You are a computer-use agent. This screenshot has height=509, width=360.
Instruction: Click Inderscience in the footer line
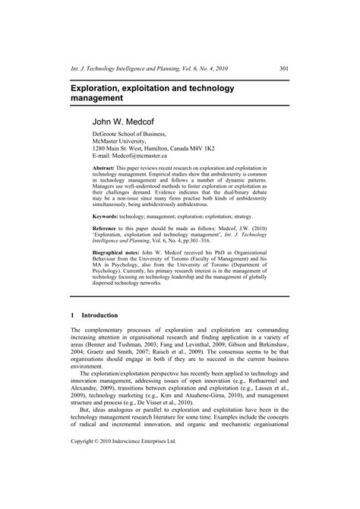149,483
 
